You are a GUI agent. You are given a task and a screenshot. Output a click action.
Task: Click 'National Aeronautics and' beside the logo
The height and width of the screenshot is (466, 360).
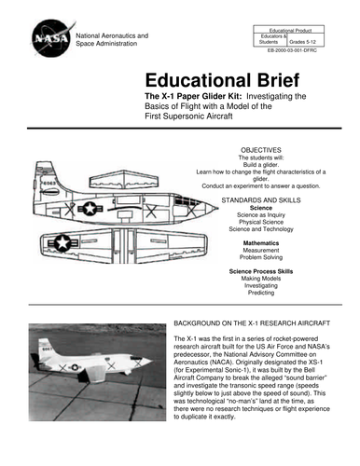pyautogui.click(x=113, y=34)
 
